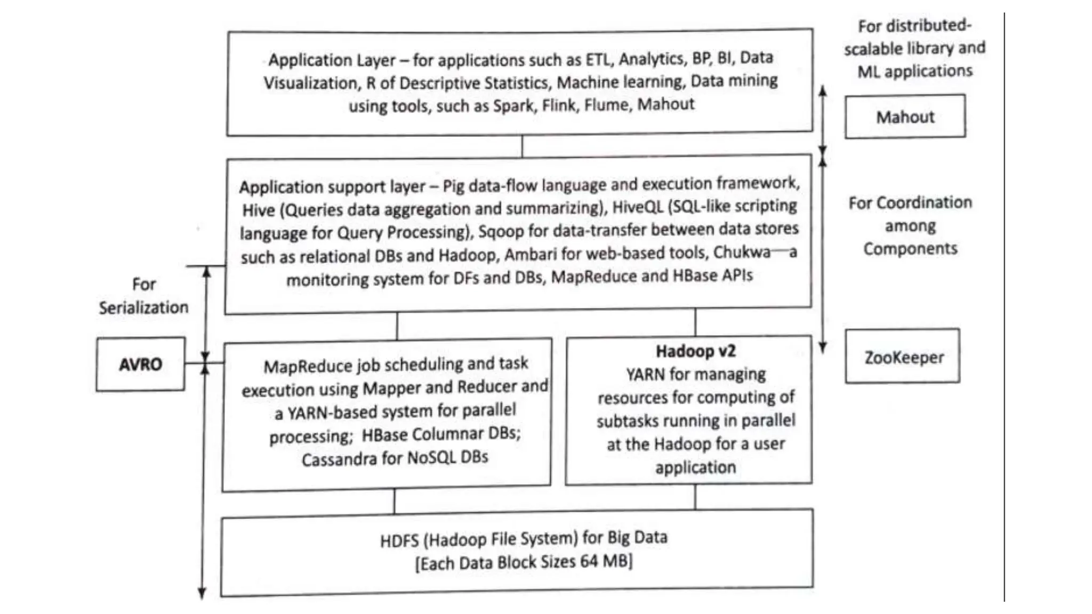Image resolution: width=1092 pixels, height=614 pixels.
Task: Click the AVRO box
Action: (x=140, y=365)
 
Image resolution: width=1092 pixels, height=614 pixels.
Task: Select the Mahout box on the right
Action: (x=905, y=117)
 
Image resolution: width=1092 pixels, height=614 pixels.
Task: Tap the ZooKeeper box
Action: (x=903, y=357)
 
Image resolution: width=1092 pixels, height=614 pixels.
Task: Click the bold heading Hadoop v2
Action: (x=695, y=351)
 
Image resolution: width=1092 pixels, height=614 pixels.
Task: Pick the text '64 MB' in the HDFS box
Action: (x=608, y=561)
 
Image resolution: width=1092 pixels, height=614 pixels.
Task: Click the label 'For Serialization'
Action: (x=143, y=296)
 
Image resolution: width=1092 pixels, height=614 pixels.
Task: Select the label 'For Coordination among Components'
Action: (x=910, y=225)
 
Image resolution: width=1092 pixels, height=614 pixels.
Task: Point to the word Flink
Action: (x=558, y=105)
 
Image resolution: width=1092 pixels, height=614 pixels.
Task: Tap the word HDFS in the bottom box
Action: (x=399, y=540)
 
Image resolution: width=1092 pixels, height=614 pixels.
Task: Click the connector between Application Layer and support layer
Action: (x=522, y=145)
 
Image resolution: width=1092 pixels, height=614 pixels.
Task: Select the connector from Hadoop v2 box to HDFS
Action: (x=695, y=497)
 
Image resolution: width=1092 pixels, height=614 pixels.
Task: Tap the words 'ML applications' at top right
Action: (x=914, y=71)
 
